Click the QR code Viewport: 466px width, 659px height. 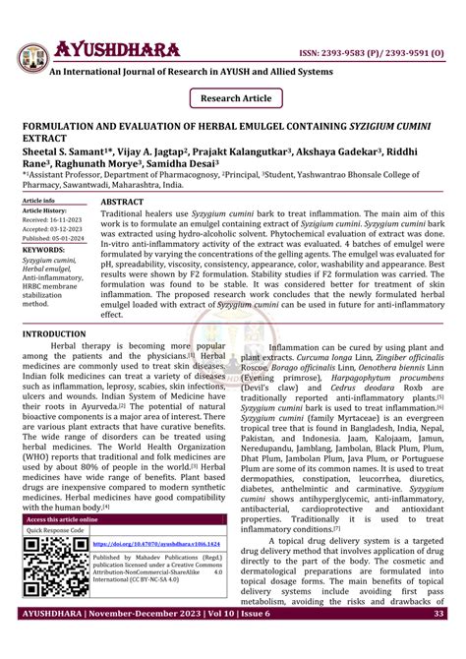(x=54, y=570)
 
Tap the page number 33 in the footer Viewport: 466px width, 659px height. (x=438, y=641)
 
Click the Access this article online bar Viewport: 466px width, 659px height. (x=62, y=518)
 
